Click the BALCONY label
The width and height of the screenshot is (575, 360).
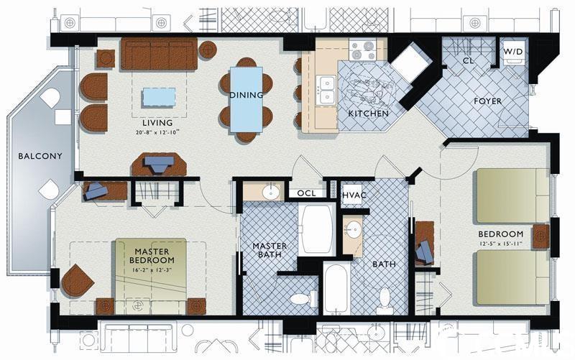coord(40,156)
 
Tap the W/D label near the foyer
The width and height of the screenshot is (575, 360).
coord(512,52)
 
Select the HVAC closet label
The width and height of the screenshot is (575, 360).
coord(354,195)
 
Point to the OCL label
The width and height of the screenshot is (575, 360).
coord(306,193)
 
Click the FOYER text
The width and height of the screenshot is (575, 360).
coord(487,101)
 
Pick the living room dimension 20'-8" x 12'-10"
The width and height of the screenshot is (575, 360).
coord(157,132)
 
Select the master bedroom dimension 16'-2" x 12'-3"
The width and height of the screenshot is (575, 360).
coord(152,269)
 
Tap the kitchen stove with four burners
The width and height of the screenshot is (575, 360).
coord(362,50)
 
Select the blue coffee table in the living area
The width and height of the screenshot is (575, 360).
coord(159,97)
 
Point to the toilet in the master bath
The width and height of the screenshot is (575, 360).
coord(303,298)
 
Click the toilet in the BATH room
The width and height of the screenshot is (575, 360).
coord(385,300)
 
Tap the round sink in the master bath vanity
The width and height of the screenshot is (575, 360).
coord(271,193)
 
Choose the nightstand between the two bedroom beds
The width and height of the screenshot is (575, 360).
coord(541,236)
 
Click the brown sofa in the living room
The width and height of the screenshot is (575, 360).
coord(159,53)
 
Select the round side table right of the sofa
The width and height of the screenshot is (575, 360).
coord(208,50)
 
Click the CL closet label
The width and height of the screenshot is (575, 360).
coord(468,60)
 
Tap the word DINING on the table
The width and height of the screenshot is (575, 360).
coord(247,95)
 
